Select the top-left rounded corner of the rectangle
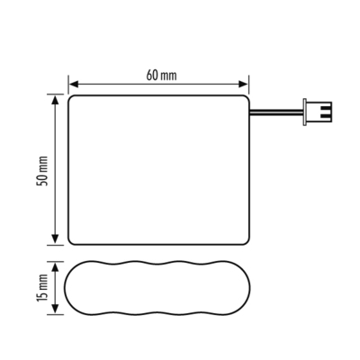[x=73, y=98]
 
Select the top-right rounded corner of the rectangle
[x=246, y=98]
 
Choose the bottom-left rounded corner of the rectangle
[x=73, y=240]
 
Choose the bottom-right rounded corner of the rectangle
[x=246, y=240]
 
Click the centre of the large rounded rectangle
[x=159, y=169]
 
